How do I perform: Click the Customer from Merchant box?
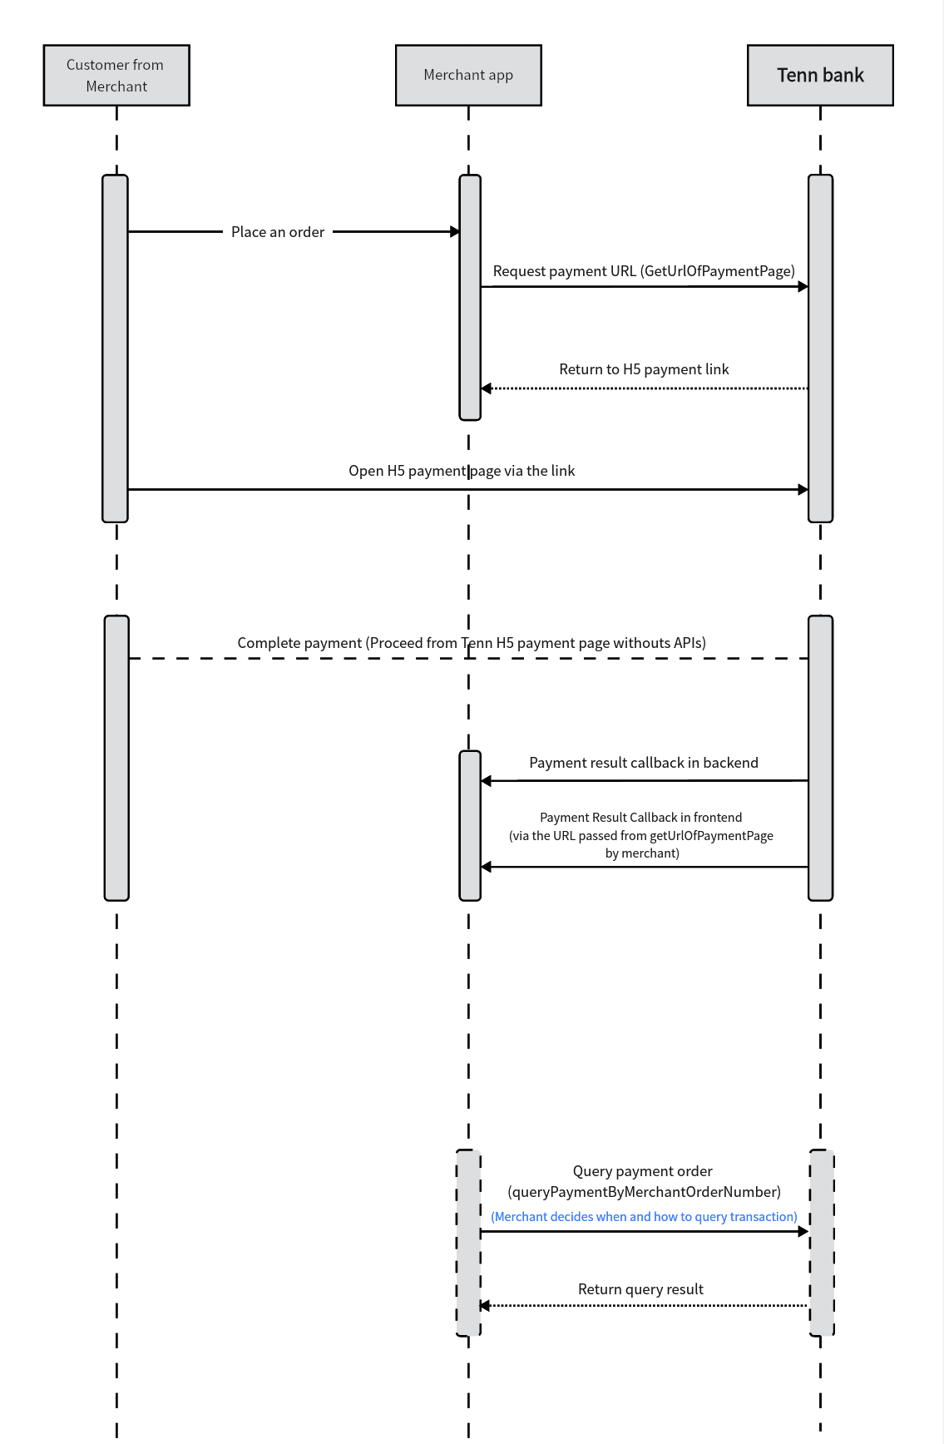coord(116,76)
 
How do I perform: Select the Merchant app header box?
coord(468,76)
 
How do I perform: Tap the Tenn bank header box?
coord(820,76)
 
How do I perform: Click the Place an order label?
coord(278,232)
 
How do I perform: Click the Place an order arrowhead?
coord(455,232)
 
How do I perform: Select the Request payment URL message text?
coord(644,271)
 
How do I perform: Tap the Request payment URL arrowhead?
coord(803,287)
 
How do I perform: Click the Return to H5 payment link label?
coord(644,369)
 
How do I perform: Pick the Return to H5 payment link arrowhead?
coord(487,388)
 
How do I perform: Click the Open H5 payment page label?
coord(462,471)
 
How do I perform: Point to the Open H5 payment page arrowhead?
coord(803,490)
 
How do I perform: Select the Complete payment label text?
coord(472,643)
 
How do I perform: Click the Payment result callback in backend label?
coord(644,763)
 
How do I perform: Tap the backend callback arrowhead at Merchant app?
coord(487,781)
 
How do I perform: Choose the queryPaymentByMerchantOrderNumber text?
coord(644,1192)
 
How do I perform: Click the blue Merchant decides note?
coord(644,1217)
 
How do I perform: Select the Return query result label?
coord(640,1289)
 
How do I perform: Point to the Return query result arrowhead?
coord(485,1306)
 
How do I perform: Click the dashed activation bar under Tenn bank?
coord(822,1243)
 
